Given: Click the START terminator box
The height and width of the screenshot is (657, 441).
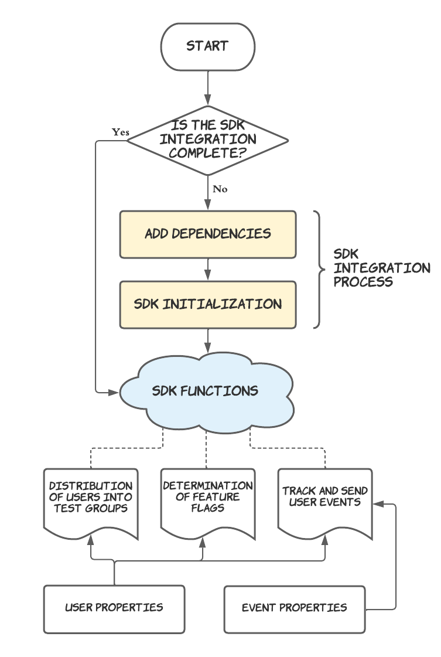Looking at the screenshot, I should point(208,46).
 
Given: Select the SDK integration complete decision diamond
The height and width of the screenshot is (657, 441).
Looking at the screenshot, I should point(208,140).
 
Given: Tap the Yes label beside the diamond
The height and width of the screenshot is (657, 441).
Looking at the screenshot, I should point(121,132).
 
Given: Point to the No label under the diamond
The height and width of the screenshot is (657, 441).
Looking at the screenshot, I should point(220,189).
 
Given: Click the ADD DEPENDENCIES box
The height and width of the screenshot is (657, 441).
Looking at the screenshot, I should point(208,234).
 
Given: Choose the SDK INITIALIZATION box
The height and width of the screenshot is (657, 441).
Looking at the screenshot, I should point(208,304).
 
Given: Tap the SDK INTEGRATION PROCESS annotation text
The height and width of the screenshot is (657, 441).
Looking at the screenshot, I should point(381,268).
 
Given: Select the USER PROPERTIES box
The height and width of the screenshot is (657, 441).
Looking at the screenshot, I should point(114,608).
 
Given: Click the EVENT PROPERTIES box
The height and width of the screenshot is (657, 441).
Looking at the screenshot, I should point(295,608).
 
